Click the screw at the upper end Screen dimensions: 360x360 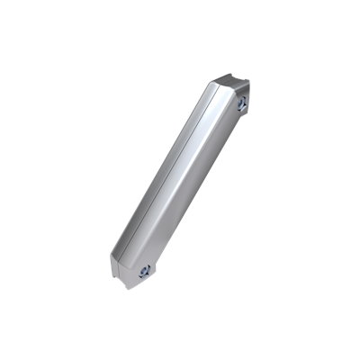click(241, 105)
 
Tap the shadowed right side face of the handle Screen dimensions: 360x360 click(193, 189)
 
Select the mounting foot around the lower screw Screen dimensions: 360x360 click(141, 273)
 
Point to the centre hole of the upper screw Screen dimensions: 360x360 click(241, 105)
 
